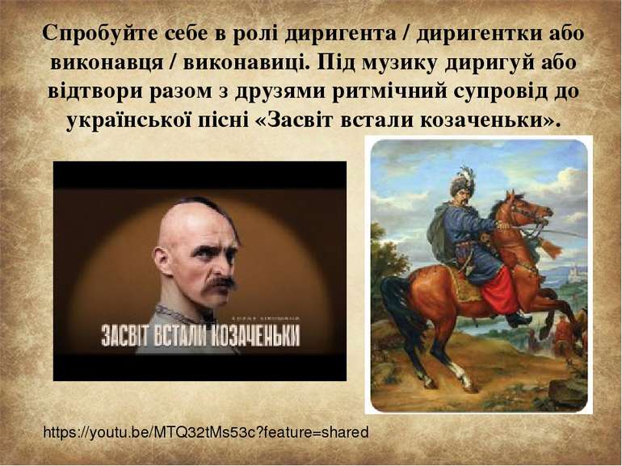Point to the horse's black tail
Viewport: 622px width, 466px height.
395,307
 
